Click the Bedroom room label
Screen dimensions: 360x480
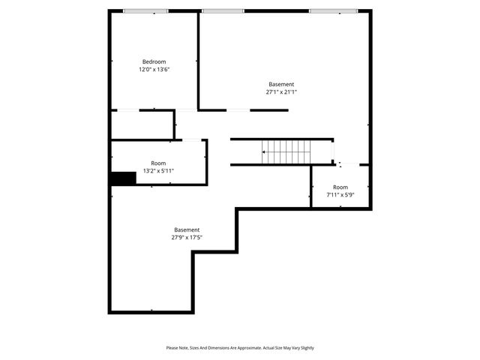point(154,61)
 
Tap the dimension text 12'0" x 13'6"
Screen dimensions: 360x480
point(154,70)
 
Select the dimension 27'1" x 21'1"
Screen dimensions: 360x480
point(281,93)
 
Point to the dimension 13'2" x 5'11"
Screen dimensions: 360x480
point(158,171)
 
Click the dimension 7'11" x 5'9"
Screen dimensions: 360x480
point(340,195)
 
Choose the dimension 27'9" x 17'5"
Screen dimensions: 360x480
point(187,238)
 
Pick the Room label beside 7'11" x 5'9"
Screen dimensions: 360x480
point(340,187)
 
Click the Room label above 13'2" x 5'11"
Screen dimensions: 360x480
point(158,163)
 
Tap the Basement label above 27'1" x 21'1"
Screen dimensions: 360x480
point(281,84)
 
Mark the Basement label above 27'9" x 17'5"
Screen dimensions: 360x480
point(187,229)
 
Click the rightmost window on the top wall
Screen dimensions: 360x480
point(333,10)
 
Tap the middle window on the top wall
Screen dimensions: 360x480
point(217,10)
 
